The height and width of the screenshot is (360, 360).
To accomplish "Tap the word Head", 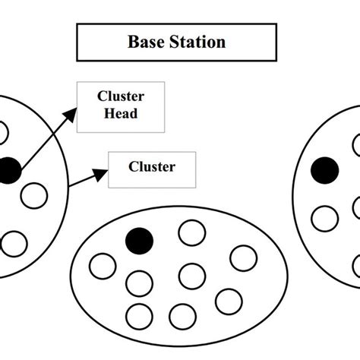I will pyautogui.click(x=122, y=113).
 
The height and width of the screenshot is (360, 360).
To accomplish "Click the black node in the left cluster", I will pyautogui.click(x=8, y=170).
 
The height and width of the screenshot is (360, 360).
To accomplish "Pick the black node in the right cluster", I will pyautogui.click(x=325, y=169).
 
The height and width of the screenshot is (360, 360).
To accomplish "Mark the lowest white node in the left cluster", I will pyautogui.click(x=14, y=245).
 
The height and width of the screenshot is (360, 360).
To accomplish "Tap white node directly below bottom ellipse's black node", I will pyautogui.click(x=139, y=283).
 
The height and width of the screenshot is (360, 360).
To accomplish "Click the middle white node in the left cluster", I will pyautogui.click(x=34, y=195).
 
